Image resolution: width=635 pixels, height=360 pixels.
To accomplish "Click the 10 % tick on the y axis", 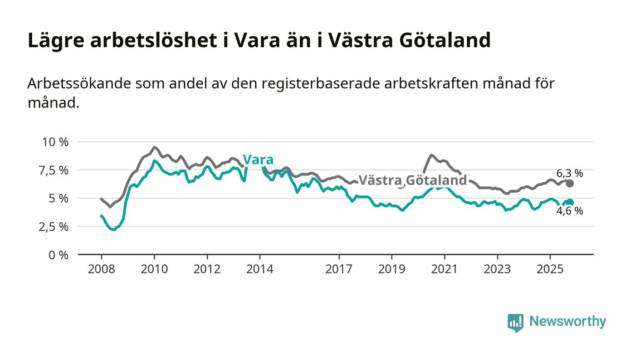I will [55, 142].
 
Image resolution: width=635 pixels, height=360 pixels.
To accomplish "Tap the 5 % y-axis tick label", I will [59, 198].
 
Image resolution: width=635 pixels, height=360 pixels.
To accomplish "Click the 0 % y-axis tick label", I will [59, 255].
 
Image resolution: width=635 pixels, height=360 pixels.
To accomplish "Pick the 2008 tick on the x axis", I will [101, 269].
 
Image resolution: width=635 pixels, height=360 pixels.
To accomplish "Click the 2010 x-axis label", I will [154, 269].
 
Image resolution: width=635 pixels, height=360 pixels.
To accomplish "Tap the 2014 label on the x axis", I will [259, 269].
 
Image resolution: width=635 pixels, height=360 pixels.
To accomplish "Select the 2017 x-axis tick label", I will [339, 269].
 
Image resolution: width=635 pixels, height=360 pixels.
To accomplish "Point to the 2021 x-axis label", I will [444, 269].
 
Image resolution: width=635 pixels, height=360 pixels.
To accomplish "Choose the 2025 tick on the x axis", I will [550, 269].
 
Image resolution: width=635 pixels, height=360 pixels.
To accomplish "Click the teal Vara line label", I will [258, 160].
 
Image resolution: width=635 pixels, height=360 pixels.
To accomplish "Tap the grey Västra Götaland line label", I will [412, 180].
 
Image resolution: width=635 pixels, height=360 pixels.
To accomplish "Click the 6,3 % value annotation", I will [569, 173].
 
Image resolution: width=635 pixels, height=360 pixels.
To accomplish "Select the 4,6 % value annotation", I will [569, 211].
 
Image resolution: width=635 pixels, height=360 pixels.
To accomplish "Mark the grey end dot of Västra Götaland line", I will [570, 183].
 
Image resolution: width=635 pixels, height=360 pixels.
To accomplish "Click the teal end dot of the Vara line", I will [570, 203].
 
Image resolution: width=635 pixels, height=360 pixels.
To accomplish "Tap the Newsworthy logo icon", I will [515, 322].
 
